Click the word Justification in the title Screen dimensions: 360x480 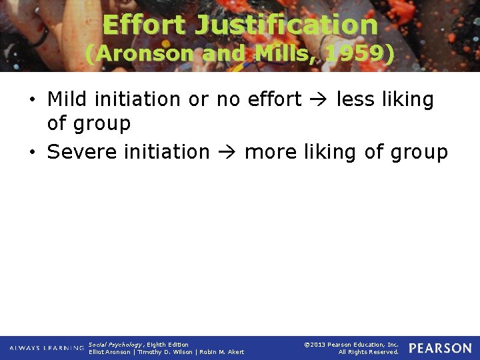tap(286, 25)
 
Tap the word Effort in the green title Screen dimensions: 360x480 tap(145, 25)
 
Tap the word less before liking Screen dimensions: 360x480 tap(355, 99)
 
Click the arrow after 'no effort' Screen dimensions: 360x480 tap(319, 100)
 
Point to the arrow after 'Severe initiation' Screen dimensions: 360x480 tap(227, 153)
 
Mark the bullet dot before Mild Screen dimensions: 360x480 tap(33, 100)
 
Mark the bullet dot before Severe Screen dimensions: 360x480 tap(33, 153)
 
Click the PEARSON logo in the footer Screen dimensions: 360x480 tap(440, 348)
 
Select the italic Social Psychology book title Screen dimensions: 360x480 tap(115, 345)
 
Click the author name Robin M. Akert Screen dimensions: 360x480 tap(222, 352)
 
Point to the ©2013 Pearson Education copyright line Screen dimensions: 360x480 tap(351, 345)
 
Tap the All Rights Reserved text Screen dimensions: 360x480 tap(368, 352)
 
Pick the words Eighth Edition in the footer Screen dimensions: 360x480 tap(167, 345)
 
